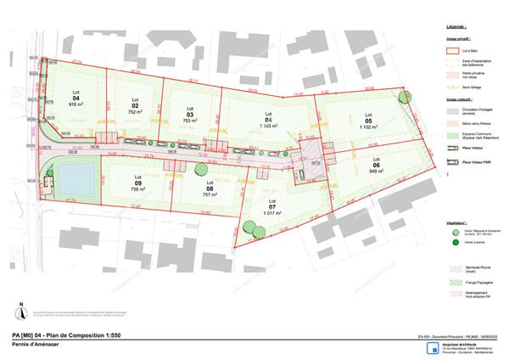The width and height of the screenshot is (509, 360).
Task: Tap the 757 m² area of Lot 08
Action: coord(210,194)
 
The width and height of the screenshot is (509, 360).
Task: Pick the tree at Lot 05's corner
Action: coord(403,96)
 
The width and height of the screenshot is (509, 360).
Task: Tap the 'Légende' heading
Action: coord(457,28)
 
